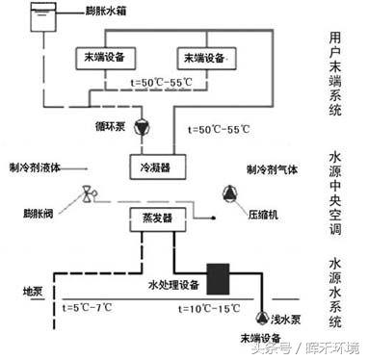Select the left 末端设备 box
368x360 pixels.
tap(100, 59)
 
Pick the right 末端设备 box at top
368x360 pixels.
tap(206, 59)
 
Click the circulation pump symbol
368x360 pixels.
tap(144, 126)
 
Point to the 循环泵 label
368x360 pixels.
tap(111, 124)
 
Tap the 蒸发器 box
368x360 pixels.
tap(149, 221)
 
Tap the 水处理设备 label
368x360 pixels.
tap(173, 285)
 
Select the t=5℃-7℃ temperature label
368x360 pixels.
tap(87, 308)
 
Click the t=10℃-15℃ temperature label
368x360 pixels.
tap(212, 308)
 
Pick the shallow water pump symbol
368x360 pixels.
tap(263, 315)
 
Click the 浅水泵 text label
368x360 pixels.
tap(291, 317)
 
